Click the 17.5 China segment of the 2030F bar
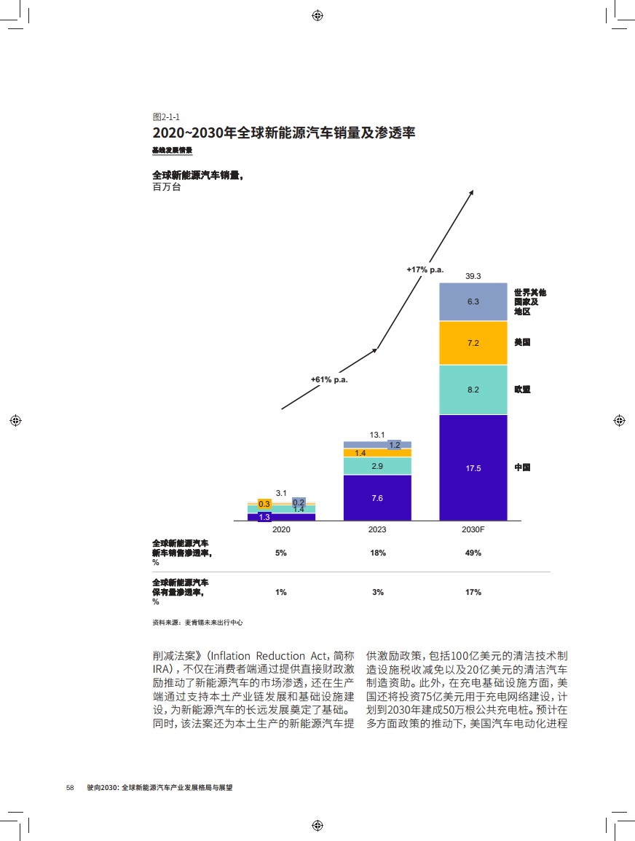[x=473, y=467]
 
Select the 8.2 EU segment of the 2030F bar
[x=473, y=390]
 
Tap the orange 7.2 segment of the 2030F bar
[x=473, y=343]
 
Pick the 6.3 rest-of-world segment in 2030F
[x=473, y=301]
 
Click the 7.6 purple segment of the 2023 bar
[x=377, y=498]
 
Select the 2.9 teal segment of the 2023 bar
[x=377, y=466]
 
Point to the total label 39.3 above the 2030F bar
[x=473, y=276]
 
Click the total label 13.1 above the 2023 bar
[x=377, y=435]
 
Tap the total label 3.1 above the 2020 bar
[x=281, y=493]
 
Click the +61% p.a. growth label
[x=329, y=379]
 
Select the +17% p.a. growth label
[x=425, y=270]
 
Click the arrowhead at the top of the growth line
[x=472, y=192]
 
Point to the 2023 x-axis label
[x=377, y=529]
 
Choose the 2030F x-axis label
[x=473, y=529]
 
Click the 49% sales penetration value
[x=473, y=553]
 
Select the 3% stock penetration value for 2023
[x=377, y=593]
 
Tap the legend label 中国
[x=522, y=467]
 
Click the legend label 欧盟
[x=522, y=390]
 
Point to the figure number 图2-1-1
[x=166, y=117]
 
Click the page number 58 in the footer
[x=71, y=788]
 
